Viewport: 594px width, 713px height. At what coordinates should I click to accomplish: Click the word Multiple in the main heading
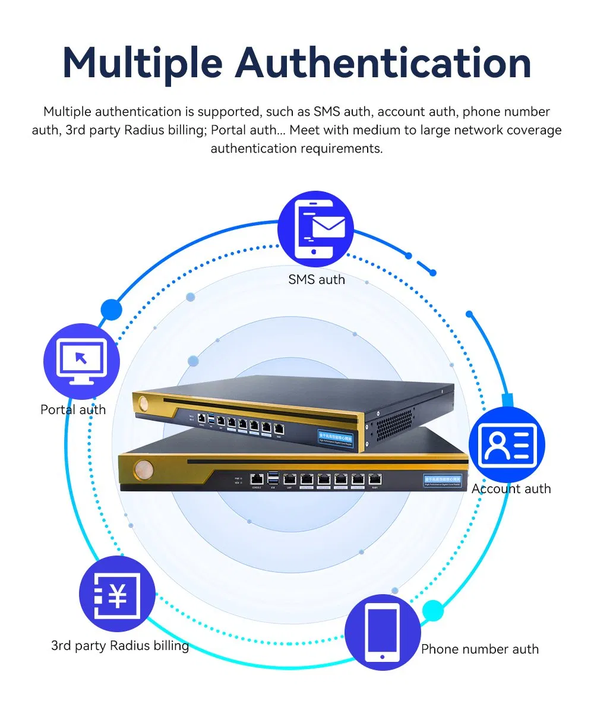click(x=143, y=62)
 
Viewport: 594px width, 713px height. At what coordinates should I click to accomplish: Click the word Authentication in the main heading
click(x=383, y=62)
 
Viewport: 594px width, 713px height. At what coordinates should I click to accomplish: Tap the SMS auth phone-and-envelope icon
click(x=315, y=228)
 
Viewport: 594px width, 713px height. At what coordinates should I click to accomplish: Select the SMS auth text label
click(x=316, y=279)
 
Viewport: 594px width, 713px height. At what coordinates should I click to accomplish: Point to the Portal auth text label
click(x=73, y=409)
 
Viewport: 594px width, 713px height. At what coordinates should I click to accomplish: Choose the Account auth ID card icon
click(x=506, y=444)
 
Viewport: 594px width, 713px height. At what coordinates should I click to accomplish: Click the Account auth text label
click(x=511, y=488)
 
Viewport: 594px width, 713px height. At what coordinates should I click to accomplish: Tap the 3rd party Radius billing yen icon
click(x=117, y=595)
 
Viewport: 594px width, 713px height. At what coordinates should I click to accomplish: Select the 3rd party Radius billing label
click(x=120, y=645)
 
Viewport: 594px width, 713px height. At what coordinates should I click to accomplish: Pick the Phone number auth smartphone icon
click(x=382, y=632)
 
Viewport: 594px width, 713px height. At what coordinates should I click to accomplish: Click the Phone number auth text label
click(x=479, y=649)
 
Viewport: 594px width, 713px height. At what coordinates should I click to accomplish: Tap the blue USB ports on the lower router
click(x=273, y=478)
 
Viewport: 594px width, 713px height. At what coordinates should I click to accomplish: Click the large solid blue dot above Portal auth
click(x=111, y=310)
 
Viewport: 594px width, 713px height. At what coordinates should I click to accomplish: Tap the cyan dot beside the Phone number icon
click(x=433, y=611)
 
